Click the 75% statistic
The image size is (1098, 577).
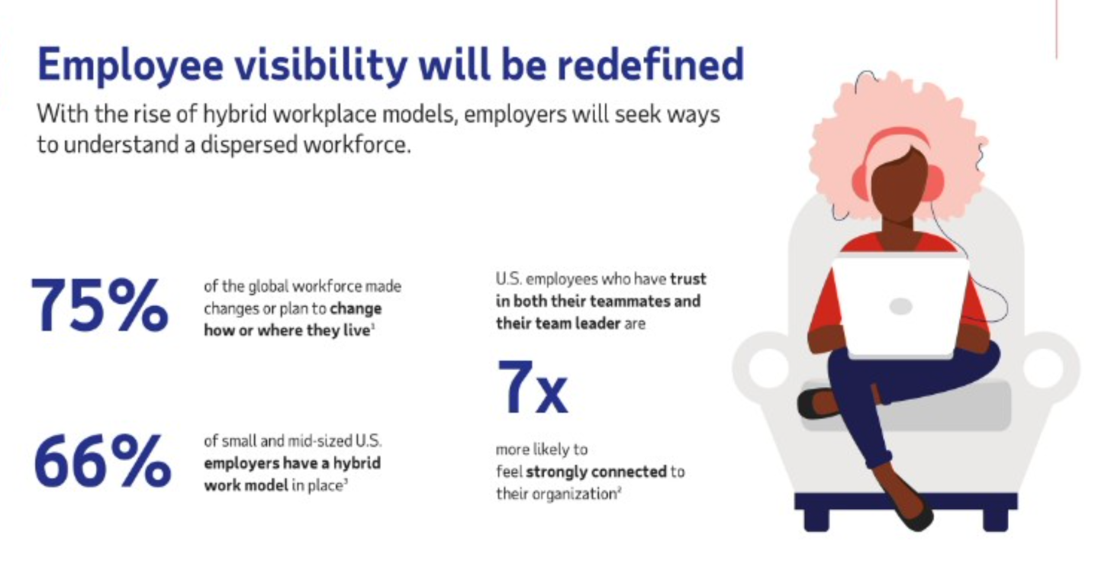pyautogui.click(x=99, y=305)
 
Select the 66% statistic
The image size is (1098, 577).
pyautogui.click(x=102, y=460)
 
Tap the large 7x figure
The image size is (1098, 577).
pyautogui.click(x=533, y=387)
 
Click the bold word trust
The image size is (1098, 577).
pyautogui.click(x=688, y=279)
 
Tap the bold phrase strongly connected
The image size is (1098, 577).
pyautogui.click(x=596, y=472)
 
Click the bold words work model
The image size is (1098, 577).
pyautogui.click(x=246, y=485)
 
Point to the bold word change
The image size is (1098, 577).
pyautogui.click(x=356, y=309)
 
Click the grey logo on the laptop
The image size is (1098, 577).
pyautogui.click(x=900, y=306)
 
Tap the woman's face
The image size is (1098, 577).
pyautogui.click(x=899, y=185)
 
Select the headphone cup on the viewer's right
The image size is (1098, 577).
pyautogui.click(x=933, y=183)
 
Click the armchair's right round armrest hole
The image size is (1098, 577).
pyautogui.click(x=1044, y=368)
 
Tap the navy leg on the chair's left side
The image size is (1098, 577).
pyautogui.click(x=816, y=520)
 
